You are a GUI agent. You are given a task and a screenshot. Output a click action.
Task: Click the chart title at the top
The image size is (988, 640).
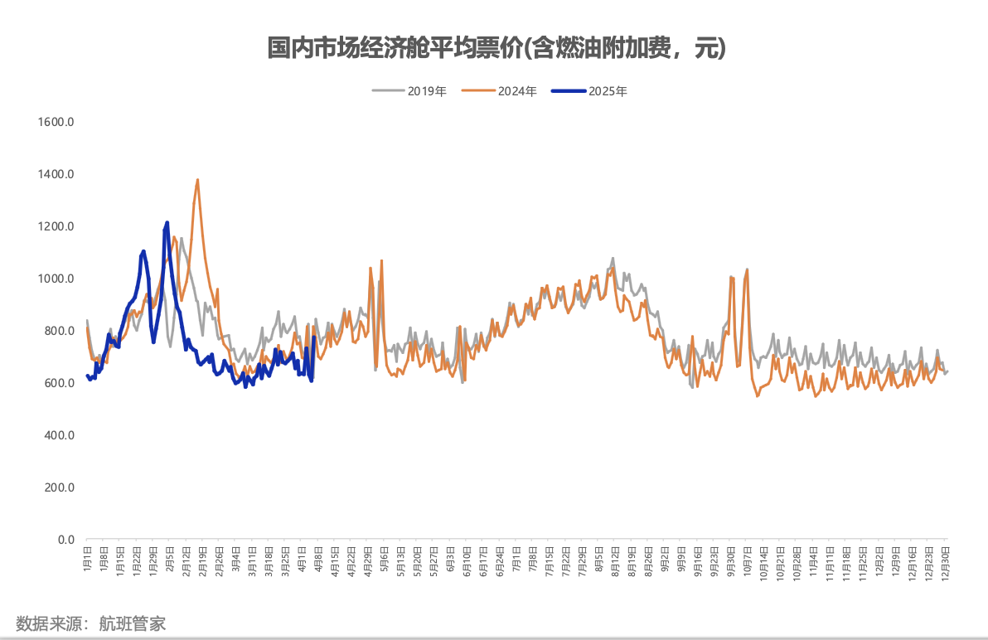pyautogui.click(x=496, y=48)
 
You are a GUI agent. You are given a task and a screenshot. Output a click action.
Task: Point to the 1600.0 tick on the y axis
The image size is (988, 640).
pyautogui.click(x=57, y=122)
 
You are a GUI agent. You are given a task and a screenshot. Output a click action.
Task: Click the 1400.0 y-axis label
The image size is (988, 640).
pyautogui.click(x=57, y=174)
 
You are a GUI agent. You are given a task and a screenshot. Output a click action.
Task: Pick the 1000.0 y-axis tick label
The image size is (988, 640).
pyautogui.click(x=57, y=279)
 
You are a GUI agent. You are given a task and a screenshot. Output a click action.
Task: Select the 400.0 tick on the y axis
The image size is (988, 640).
pyautogui.click(x=60, y=435)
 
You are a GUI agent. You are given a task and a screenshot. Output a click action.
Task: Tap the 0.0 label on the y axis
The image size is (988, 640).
pyautogui.click(x=65, y=540)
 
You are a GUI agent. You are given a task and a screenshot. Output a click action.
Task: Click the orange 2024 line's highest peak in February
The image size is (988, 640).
pyautogui.click(x=197, y=180)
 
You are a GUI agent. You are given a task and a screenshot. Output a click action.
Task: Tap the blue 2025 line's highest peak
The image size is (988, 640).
pyautogui.click(x=167, y=222)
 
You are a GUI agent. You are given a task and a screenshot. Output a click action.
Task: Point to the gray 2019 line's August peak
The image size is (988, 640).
pyautogui.click(x=613, y=258)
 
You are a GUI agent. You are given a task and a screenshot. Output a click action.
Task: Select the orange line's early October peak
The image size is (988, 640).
pyautogui.click(x=748, y=269)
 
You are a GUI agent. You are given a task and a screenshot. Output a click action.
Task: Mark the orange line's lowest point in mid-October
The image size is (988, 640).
pyautogui.click(x=757, y=396)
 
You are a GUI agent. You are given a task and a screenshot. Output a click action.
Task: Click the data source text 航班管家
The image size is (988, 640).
pyautogui.click(x=133, y=623)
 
